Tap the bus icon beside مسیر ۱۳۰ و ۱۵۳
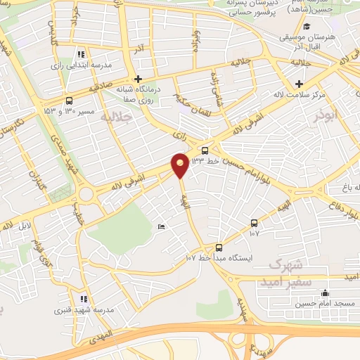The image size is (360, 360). click(68, 101)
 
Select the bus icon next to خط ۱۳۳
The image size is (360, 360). click(205, 150)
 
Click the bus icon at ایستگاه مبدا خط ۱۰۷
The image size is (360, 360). click(219, 247)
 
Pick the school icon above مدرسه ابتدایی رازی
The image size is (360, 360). click(82, 53)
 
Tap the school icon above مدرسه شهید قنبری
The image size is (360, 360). click(84, 298)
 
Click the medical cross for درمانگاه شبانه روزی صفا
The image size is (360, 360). click(138, 79)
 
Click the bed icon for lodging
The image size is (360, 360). click(161, 226)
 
